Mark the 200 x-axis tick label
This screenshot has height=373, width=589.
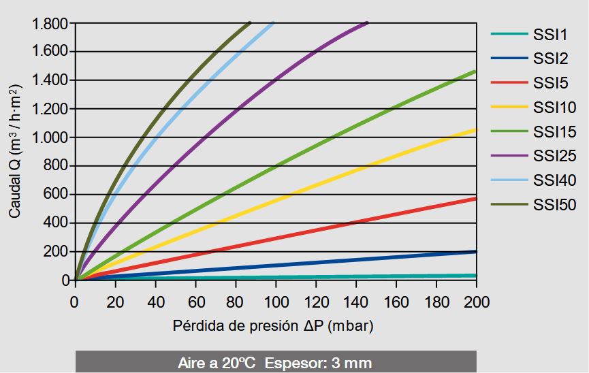[x=476, y=300]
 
